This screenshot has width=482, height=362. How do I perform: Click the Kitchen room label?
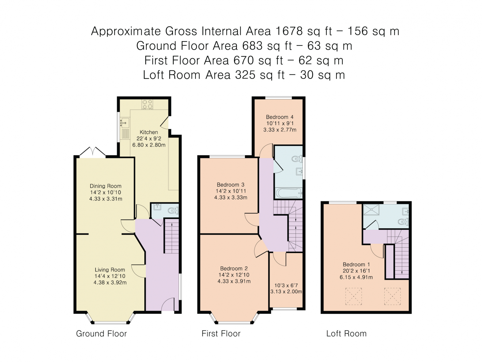[x=149, y=132]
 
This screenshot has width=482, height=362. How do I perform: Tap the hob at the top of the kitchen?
[x=147, y=104]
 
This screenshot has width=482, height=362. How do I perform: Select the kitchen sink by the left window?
[x=124, y=123]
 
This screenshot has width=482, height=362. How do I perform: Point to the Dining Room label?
[x=105, y=186]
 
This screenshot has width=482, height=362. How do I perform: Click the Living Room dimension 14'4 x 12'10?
[x=110, y=276]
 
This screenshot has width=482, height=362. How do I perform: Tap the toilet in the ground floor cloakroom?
[x=173, y=211]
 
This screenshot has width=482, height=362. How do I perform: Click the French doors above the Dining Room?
[x=92, y=152]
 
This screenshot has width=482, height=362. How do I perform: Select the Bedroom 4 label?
[x=280, y=117]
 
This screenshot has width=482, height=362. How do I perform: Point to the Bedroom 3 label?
[x=230, y=185]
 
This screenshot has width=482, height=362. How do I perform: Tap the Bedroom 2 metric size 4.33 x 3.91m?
[x=234, y=281]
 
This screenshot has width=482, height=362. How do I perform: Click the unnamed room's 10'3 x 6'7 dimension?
[x=286, y=285]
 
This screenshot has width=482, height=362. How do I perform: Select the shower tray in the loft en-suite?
[x=371, y=209]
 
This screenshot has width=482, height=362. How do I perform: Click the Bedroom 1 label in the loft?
[x=356, y=265]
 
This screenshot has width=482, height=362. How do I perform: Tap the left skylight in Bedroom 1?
[x=354, y=296]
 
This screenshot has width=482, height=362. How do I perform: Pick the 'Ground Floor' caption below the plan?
[x=102, y=334]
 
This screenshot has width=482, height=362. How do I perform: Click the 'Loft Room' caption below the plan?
[x=346, y=334]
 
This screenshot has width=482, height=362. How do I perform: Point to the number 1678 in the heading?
[x=289, y=31]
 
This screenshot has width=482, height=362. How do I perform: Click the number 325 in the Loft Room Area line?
[x=245, y=75]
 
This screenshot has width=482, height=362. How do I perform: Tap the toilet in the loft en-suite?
[x=403, y=221]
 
